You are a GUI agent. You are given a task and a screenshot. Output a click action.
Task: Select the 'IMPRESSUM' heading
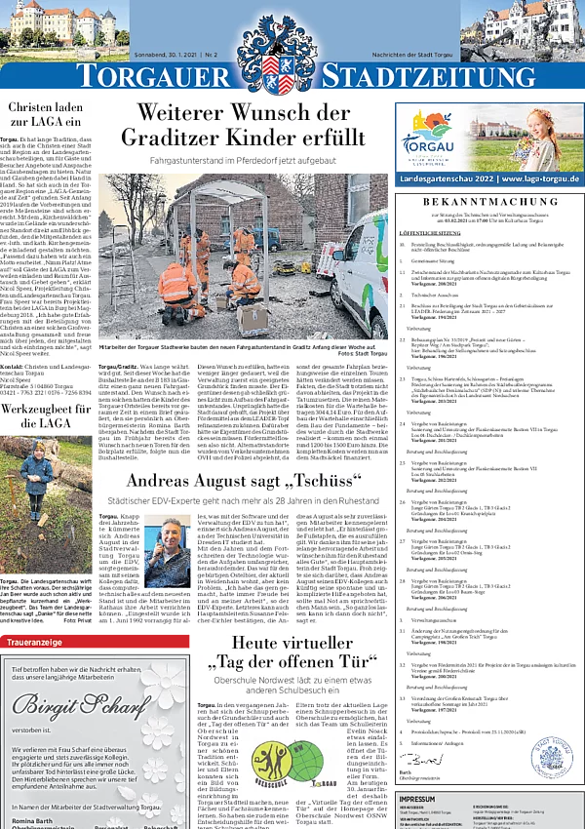pyautogui.click(x=424, y=800)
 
